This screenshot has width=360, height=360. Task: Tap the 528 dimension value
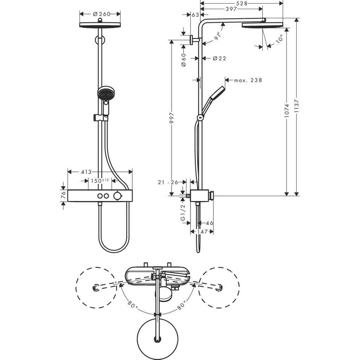coord(242,3)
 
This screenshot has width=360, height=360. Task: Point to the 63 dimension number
coord(195,15)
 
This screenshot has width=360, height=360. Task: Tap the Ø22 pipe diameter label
coord(219,58)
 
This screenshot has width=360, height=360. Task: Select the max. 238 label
coord(248,80)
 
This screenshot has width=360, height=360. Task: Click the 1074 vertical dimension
coord(287,110)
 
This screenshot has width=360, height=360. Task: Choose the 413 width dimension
coord(86,172)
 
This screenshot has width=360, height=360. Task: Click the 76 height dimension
coord(63,195)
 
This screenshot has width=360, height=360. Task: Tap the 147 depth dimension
coord(201,232)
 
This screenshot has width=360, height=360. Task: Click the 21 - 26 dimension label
coord(168,182)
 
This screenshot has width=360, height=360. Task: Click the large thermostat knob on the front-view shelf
coord(117,196)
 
